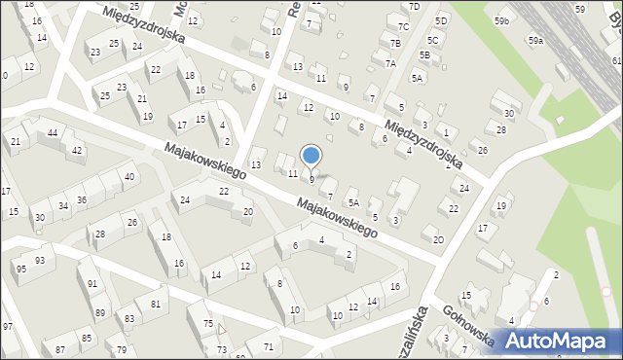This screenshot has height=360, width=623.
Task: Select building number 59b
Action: [501, 20]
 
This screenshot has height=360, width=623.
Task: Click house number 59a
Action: [536, 41]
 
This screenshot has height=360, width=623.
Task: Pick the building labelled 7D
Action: [414, 7]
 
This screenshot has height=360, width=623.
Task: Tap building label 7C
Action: [403, 26]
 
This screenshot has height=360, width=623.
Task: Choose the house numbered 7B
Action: [395, 43]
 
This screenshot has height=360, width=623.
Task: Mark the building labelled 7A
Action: [390, 63]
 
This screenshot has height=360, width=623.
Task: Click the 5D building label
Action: [441, 20]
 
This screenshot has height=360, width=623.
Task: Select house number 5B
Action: [424, 55]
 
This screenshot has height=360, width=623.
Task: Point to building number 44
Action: [53, 132]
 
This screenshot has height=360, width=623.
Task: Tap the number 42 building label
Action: [77, 150]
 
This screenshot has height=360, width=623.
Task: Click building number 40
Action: [129, 176]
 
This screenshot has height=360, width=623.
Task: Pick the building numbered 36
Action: [82, 200]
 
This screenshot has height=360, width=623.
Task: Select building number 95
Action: [20, 269]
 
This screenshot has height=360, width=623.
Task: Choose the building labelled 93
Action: [40, 260]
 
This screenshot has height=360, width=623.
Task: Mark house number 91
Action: [92, 284]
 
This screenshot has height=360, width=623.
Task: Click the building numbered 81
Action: [155, 304]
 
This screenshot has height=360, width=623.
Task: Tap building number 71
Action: [268, 346]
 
